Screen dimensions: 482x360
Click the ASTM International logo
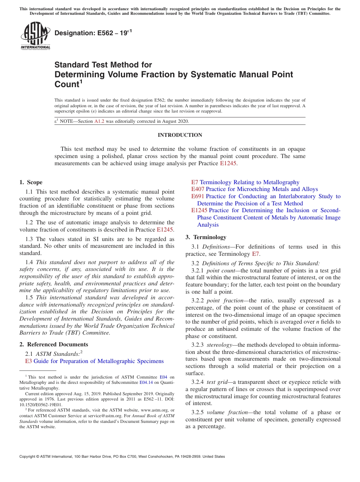(x=35, y=36)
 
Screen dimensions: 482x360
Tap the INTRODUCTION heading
(x=180, y=135)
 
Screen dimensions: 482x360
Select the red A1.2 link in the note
(x=99, y=121)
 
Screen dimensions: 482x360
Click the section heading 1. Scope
(x=31, y=182)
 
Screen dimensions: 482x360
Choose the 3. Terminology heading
(x=206, y=237)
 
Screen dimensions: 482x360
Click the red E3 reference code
(x=28, y=361)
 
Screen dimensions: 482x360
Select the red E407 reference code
(x=198, y=189)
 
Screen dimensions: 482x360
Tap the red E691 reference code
(x=198, y=196)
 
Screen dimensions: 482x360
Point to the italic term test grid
(x=216, y=382)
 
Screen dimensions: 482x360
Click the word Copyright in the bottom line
(x=29, y=457)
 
